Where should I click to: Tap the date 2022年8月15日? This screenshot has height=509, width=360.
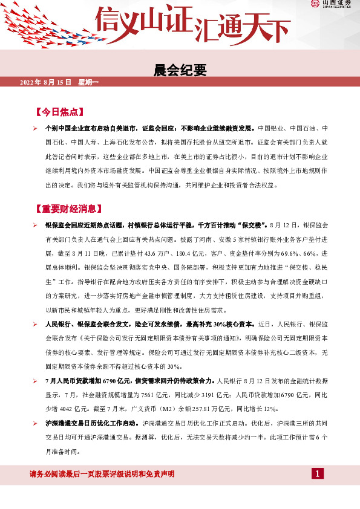(x=46, y=82)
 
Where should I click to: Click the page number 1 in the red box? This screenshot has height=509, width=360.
(x=318, y=473)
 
